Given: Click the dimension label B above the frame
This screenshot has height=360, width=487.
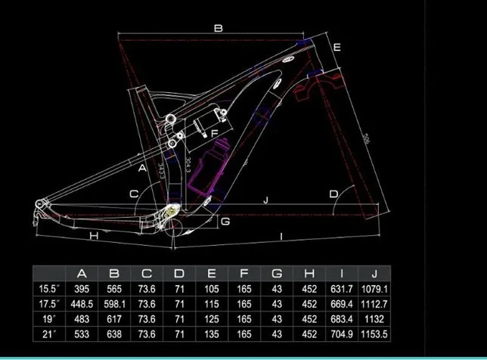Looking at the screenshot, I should [x=218, y=29].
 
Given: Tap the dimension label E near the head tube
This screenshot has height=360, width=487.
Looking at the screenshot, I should [x=337, y=48].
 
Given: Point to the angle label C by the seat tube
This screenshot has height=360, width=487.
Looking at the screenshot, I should [x=133, y=194].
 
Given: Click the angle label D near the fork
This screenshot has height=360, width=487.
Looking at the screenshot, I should [x=333, y=194].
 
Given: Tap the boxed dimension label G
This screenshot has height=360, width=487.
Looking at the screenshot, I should [x=225, y=221].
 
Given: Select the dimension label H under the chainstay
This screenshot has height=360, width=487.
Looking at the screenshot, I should [x=94, y=236].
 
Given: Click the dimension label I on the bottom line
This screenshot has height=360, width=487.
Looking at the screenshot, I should [x=281, y=237].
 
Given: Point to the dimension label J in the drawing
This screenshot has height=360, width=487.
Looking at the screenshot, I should [x=265, y=200].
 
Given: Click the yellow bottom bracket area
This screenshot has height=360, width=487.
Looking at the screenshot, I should [x=171, y=216].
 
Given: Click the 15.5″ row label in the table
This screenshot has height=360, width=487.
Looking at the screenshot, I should [x=50, y=287].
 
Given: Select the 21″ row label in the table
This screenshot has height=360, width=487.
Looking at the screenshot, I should [x=50, y=334].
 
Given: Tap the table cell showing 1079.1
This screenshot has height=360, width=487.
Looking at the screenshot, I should [x=375, y=287].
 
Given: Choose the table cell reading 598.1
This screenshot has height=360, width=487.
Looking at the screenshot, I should [x=114, y=303].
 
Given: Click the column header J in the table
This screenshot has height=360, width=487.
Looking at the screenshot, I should [x=375, y=273].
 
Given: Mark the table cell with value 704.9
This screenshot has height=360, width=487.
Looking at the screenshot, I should [x=342, y=334].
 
